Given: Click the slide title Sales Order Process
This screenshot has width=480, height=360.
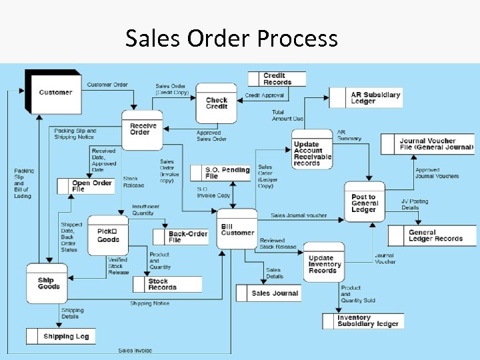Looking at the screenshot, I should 231,39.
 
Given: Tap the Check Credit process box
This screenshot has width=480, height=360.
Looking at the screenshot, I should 216,103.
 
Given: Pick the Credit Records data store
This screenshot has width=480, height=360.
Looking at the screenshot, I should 277,79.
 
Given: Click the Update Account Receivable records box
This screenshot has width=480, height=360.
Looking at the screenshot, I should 311,153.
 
